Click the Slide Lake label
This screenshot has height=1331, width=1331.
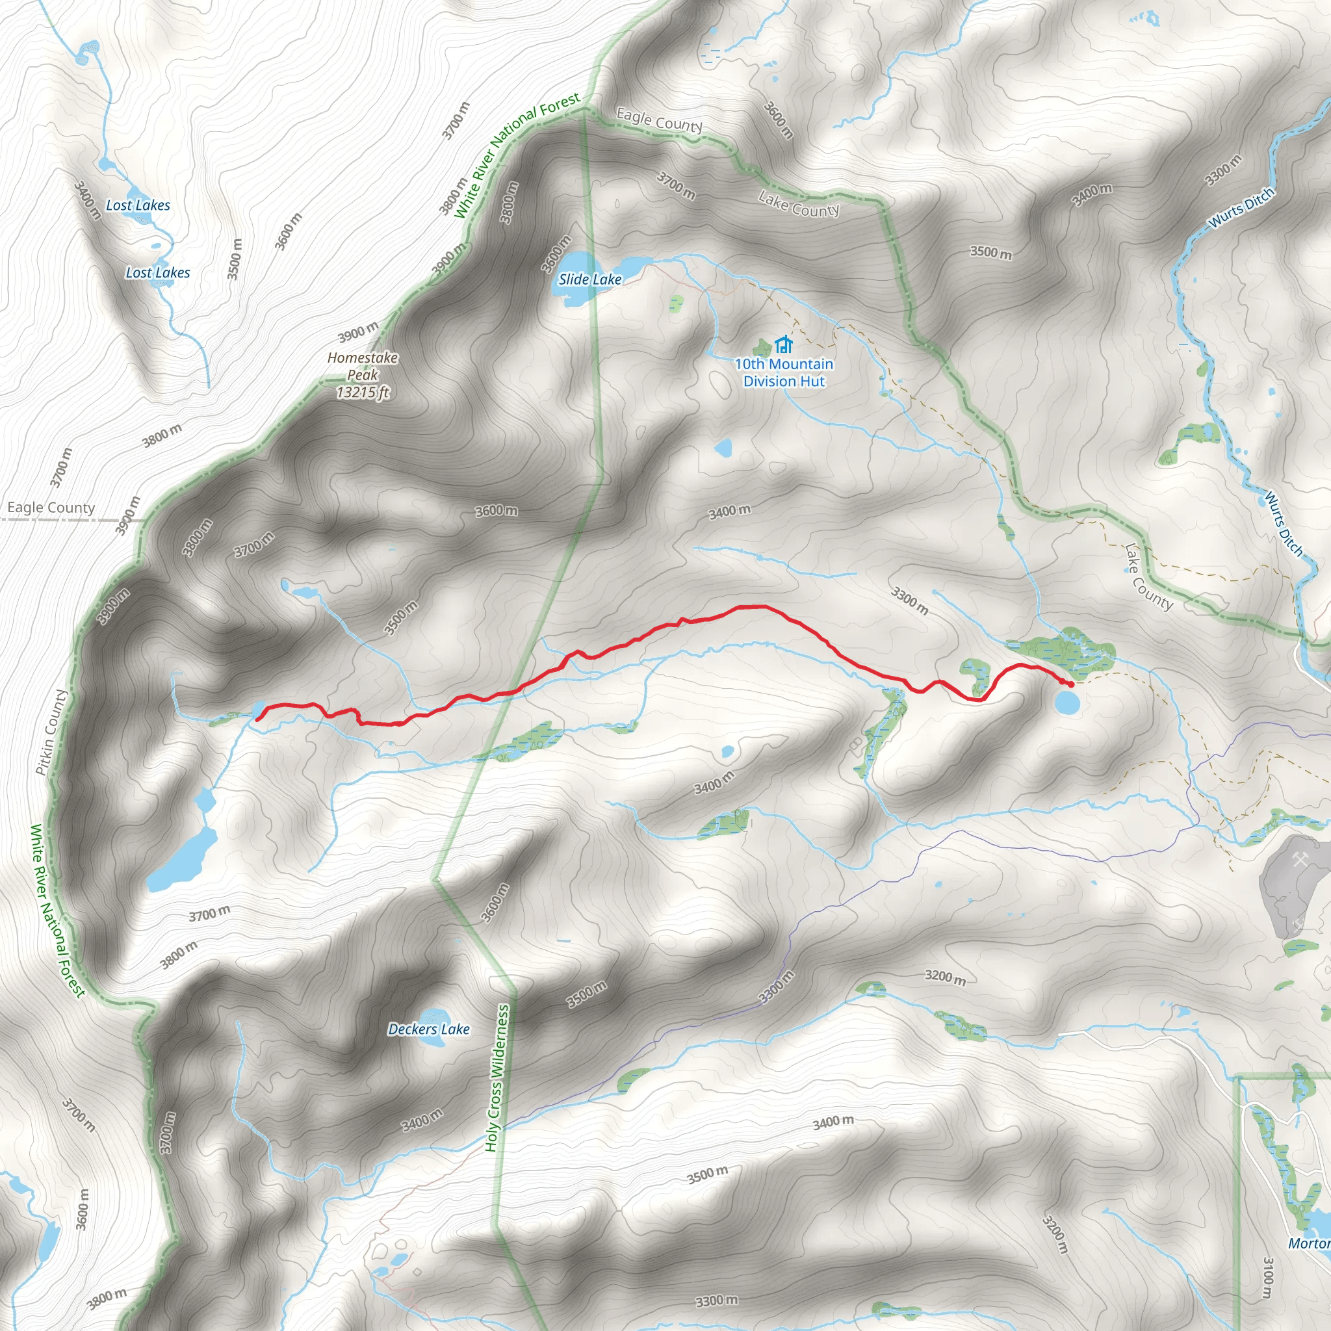589,279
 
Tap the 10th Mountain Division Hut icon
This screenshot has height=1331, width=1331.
783,344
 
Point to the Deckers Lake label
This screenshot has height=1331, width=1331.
428,1029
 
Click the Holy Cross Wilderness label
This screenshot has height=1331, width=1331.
497,1078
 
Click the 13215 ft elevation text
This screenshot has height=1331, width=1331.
363,393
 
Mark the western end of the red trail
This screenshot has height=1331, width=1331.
257,719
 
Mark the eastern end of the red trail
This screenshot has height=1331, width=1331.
1071,684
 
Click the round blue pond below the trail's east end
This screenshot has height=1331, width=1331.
1067,703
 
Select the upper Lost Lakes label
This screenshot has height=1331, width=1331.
138,205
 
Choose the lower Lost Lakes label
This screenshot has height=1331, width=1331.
158,273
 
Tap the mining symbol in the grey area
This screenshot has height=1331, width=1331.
1300,860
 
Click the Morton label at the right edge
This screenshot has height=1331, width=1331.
1309,1243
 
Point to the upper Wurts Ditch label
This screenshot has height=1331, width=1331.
1242,208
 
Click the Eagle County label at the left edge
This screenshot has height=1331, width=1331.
51,508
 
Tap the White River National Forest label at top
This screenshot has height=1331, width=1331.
517,155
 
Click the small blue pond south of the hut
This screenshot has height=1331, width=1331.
723,448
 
